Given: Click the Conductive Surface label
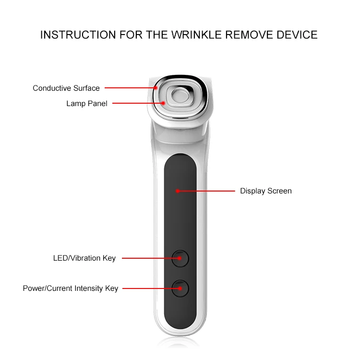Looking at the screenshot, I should pyautogui.click(x=66, y=88).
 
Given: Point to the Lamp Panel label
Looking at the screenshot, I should pyautogui.click(x=87, y=103).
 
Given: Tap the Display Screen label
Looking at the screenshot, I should pyautogui.click(x=265, y=191).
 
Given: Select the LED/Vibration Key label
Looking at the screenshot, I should pyautogui.click(x=84, y=258).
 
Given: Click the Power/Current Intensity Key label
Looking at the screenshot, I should pyautogui.click(x=71, y=288).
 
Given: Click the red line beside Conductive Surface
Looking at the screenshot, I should pyautogui.click(x=130, y=88).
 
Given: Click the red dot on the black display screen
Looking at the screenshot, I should pyautogui.click(x=178, y=191).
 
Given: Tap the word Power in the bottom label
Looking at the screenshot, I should pyautogui.click(x=33, y=288).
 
